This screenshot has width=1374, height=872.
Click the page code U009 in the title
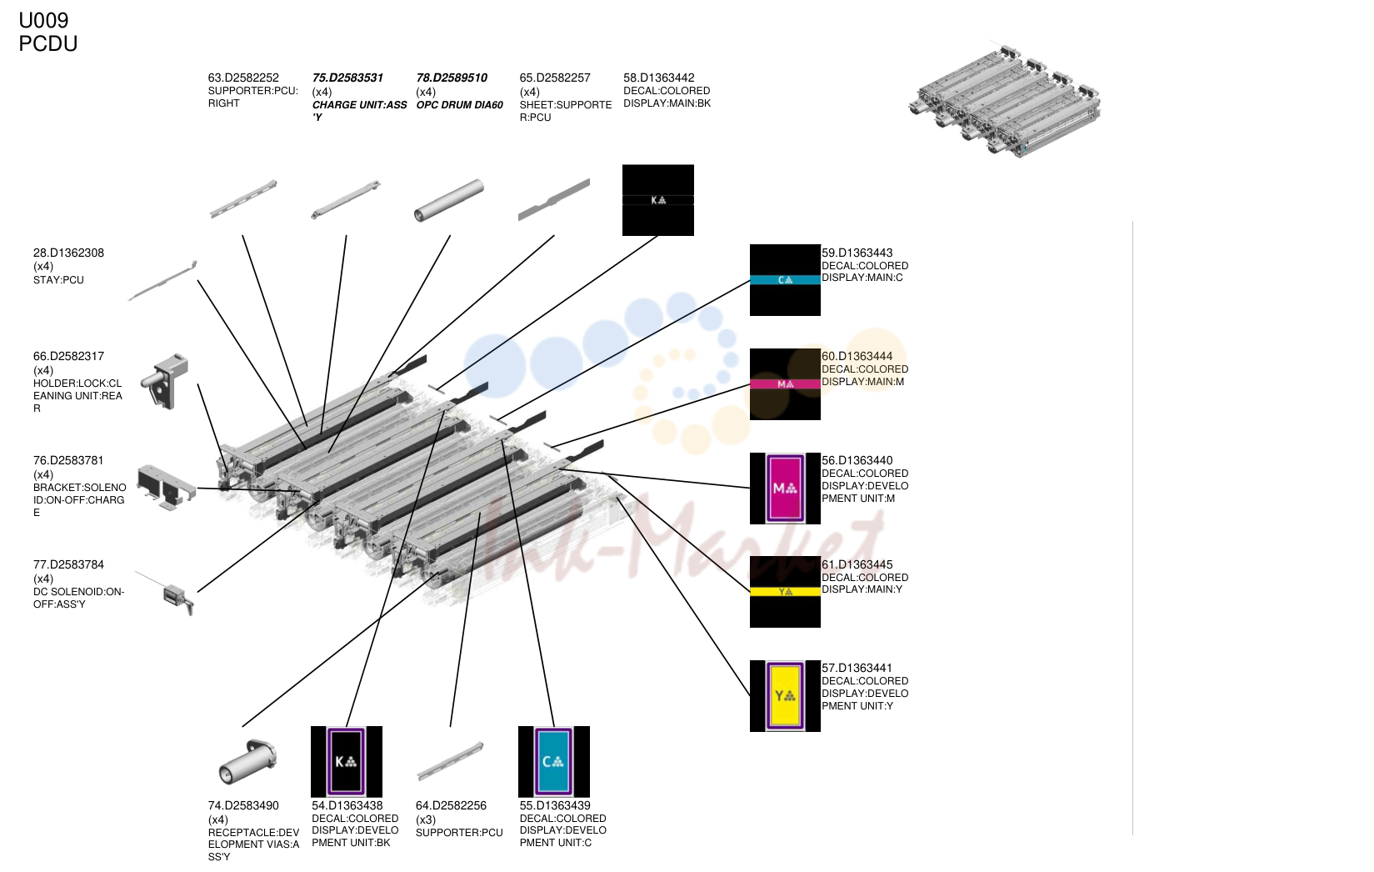tap(43, 20)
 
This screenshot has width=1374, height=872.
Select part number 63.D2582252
tap(243, 78)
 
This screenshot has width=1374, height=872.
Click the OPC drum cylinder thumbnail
tap(449, 200)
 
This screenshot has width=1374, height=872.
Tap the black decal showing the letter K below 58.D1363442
tap(658, 200)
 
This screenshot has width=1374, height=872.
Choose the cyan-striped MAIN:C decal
tap(785, 280)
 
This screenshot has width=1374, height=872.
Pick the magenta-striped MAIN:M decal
tap(785, 384)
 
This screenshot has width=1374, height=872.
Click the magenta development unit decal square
tap(785, 489)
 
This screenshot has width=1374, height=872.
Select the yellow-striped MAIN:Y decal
tap(785, 592)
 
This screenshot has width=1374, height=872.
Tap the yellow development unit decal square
tap(785, 696)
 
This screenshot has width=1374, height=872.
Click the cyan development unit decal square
tap(554, 762)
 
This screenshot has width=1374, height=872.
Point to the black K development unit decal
tap(347, 762)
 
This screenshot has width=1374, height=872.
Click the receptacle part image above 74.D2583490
tap(247, 762)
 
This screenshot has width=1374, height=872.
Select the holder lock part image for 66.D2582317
tap(164, 381)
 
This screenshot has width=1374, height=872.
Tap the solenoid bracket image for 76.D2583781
tap(166, 488)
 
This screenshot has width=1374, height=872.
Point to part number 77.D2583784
tap(68, 564)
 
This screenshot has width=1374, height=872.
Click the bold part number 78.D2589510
tap(452, 78)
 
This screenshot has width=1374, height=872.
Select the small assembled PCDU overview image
tap(1005, 101)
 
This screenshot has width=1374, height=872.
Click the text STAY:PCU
tap(58, 280)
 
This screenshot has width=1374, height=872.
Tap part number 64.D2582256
tap(451, 806)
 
